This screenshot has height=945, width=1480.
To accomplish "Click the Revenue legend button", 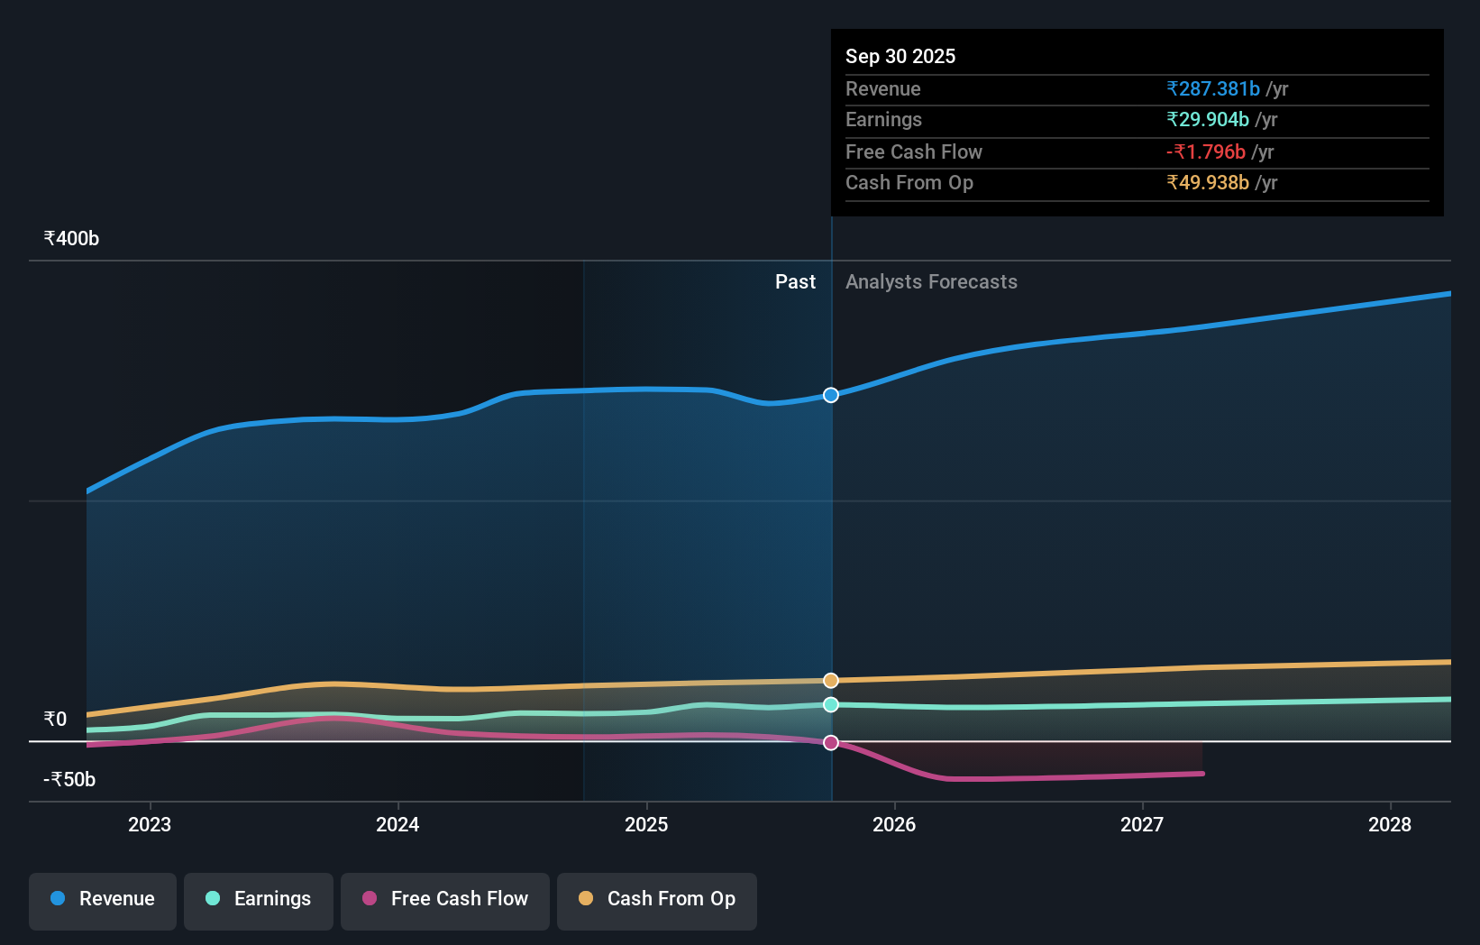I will click(103, 900).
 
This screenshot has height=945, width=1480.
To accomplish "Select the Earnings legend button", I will click(259, 900).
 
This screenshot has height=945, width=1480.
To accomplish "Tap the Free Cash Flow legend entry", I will click(445, 900).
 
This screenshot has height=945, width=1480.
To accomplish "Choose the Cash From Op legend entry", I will click(657, 900).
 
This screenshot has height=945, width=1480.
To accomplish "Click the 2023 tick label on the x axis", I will click(150, 825).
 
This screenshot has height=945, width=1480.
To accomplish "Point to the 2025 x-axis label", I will click(646, 825).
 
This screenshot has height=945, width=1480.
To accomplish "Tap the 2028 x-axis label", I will click(1390, 825).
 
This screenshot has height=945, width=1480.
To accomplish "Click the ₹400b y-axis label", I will click(71, 239).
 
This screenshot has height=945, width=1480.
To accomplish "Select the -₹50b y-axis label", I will click(69, 780).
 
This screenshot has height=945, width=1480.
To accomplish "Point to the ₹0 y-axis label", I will click(55, 720).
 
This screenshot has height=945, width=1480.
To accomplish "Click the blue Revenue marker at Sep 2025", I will click(831, 395).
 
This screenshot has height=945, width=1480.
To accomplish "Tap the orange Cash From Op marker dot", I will click(831, 681).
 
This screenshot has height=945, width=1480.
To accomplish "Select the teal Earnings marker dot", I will click(831, 704).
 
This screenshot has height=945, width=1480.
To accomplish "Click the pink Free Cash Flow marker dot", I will click(831, 743).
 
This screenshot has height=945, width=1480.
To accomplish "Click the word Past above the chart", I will click(795, 282).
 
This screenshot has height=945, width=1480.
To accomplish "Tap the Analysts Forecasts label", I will click(931, 282).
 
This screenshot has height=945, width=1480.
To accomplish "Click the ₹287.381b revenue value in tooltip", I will click(1213, 89).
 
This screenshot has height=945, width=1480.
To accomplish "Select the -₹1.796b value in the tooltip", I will click(1206, 152).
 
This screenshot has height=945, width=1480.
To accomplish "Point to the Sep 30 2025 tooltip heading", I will click(900, 57).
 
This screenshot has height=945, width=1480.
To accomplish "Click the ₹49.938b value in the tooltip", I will click(1208, 183).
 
